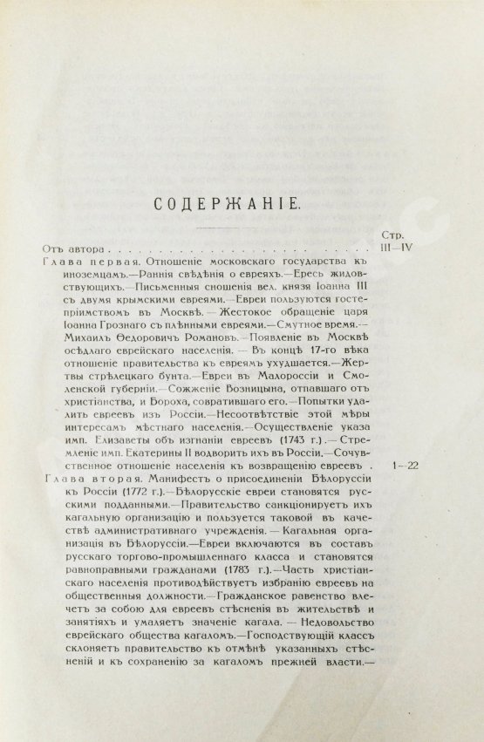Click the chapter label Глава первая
[85, 262]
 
